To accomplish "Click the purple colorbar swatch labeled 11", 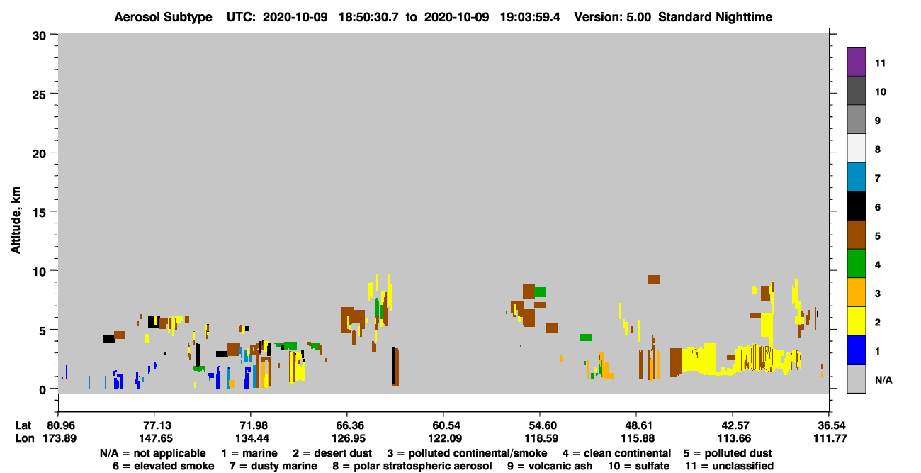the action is point(856,61).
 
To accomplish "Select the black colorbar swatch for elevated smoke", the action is point(856,206).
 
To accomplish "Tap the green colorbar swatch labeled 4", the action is point(856,264).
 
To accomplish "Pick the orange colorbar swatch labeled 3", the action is point(856,292).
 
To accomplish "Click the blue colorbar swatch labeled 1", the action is point(856,350).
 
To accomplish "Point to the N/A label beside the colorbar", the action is point(883,380).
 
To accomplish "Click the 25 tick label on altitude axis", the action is point(39,95).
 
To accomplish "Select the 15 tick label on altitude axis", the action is point(39,213).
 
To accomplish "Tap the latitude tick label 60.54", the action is point(444,425).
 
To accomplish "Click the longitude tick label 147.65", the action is point(155,438).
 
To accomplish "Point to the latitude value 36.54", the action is point(830,425).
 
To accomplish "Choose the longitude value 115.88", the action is point(638,438).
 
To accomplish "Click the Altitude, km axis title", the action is point(16,220).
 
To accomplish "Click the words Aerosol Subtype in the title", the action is point(163,17).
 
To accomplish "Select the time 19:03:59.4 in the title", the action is point(530,17).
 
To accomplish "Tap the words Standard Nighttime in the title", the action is point(715,17).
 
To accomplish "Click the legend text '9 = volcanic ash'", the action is point(550,466).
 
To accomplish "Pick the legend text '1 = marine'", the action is point(249,453).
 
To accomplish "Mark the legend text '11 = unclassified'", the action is point(730,466).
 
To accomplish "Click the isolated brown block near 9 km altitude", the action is point(653,280).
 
